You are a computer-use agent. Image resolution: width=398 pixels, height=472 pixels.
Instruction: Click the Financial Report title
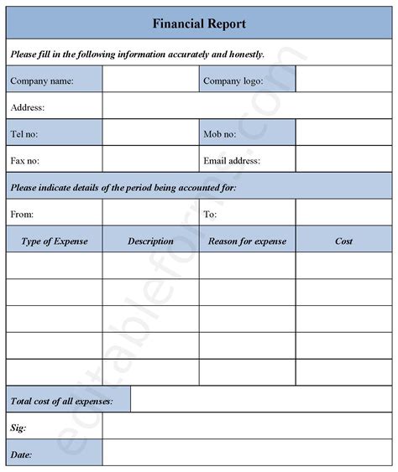pos(199,23)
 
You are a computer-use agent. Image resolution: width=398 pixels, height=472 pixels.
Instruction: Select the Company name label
pos(42,81)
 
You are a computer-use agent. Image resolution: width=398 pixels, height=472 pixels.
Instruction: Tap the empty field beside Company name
pos(150,80)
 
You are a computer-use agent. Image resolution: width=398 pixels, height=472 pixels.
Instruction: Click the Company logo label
pos(233,81)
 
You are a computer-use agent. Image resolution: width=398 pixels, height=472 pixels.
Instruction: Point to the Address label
pos(28,107)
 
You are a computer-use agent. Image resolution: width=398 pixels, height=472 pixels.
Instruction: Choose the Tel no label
pos(24,133)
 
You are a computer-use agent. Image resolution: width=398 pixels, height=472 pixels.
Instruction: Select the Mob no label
pos(221,133)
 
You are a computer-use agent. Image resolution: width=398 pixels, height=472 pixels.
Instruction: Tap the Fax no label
pos(25,159)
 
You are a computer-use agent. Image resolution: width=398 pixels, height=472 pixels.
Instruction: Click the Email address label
pos(232,159)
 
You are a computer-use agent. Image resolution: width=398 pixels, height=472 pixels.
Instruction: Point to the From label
pos(23,214)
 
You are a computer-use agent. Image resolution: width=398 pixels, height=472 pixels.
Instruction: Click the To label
pos(210,214)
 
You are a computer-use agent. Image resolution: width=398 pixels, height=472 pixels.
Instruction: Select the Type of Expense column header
pos(54,241)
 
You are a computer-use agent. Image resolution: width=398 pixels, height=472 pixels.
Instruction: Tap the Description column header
pos(150,241)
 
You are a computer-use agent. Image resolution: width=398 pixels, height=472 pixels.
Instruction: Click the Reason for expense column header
pos(247,241)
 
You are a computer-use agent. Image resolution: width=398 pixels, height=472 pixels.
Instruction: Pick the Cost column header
pos(343,241)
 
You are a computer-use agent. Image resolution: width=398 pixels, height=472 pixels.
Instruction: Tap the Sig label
pos(18,428)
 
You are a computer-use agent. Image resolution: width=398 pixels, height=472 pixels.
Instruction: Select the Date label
pos(22,454)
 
